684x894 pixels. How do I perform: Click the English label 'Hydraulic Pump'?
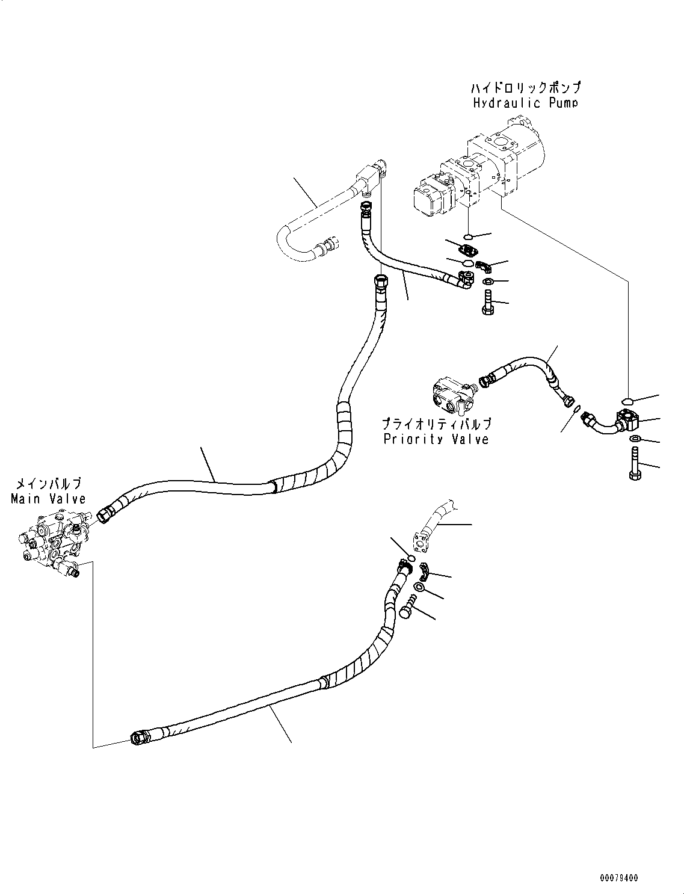click(x=525, y=102)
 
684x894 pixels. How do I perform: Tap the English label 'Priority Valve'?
click(x=436, y=439)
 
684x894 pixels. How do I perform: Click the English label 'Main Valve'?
click(x=48, y=498)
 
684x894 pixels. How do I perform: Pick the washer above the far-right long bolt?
click(x=635, y=439)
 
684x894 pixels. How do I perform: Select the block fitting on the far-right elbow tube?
click(x=629, y=419)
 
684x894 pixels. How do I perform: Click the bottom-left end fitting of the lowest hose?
click(x=140, y=737)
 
